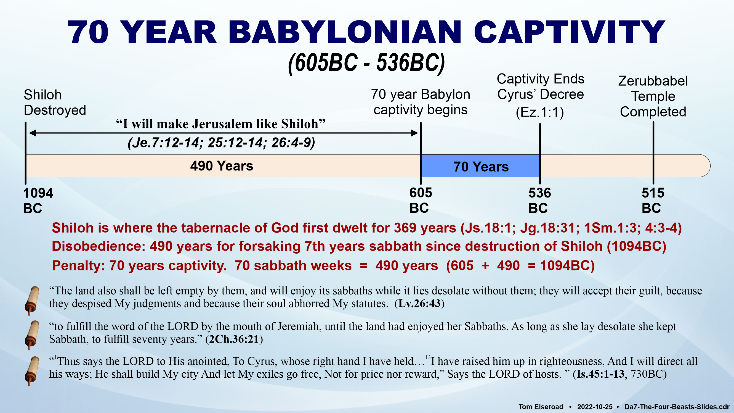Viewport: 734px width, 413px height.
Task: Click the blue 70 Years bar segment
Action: click(x=480, y=166)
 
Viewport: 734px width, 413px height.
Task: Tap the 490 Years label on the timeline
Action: click(x=222, y=166)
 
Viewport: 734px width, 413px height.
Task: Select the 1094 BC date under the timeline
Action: click(x=38, y=201)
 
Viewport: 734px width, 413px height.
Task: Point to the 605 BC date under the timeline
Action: click(x=421, y=200)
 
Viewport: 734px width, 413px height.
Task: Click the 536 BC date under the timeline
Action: click(x=540, y=201)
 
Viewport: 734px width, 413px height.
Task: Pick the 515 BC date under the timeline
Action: click(x=653, y=201)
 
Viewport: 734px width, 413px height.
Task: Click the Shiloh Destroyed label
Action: click(x=55, y=102)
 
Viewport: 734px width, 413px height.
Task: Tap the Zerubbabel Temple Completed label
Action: click(x=653, y=96)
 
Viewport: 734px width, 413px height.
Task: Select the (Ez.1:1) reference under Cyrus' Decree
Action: click(x=540, y=112)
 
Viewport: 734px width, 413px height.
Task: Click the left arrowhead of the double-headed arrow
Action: click(x=33, y=133)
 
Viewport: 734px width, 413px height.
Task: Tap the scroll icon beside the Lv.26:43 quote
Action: click(x=32, y=301)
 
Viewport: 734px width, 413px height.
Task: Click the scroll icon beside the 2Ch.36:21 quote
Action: click(x=32, y=335)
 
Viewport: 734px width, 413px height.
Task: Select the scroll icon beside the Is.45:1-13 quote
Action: click(x=32, y=371)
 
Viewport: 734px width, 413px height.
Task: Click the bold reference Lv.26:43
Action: click(x=419, y=304)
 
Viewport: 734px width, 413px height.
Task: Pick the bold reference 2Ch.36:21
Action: click(x=234, y=339)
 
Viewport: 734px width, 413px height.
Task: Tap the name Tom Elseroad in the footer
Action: click(x=541, y=407)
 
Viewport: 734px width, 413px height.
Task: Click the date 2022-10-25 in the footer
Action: click(x=595, y=407)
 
